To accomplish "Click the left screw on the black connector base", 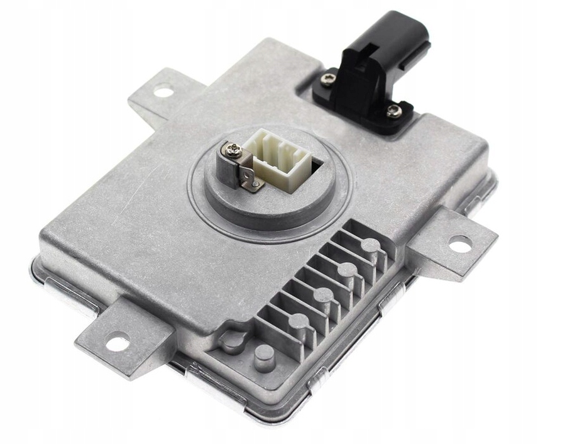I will (328, 79).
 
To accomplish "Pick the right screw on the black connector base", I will (393, 112).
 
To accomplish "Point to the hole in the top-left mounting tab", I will (163, 92).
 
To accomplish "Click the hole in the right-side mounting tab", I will (460, 244).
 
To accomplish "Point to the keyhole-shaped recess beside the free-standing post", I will (233, 340).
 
